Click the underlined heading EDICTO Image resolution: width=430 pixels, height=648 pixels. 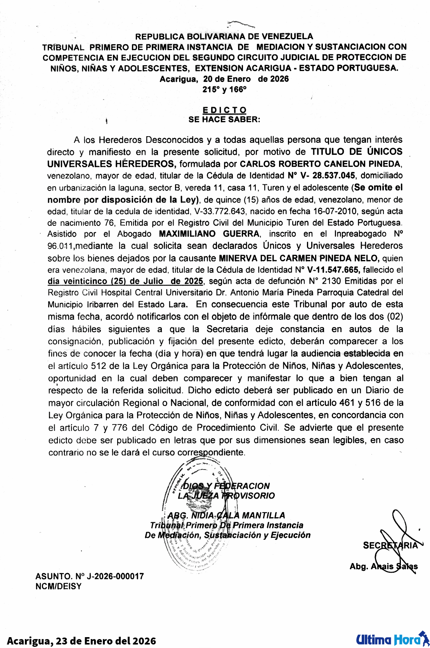(x=224, y=110)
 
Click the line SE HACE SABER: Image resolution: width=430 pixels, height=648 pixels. (x=224, y=120)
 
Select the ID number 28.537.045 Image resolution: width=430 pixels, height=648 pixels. (x=333, y=175)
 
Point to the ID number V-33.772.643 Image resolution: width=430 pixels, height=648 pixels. (x=220, y=211)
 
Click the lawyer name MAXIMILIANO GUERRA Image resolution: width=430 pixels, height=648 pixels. (x=209, y=234)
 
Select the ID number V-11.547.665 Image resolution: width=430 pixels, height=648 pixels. (x=333, y=270)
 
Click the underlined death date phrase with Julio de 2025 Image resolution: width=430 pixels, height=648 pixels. (x=125, y=281)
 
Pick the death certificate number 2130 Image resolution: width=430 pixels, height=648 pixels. (x=331, y=281)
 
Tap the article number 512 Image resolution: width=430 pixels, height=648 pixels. (x=99, y=366)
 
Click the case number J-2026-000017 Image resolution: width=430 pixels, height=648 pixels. (x=115, y=576)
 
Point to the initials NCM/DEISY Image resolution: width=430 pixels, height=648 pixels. (x=59, y=586)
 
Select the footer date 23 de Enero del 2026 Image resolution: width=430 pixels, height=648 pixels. (x=106, y=641)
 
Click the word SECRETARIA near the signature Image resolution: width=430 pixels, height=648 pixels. (x=390, y=545)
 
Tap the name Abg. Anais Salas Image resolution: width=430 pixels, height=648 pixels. (x=383, y=566)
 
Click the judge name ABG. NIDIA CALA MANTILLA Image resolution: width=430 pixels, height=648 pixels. (x=226, y=515)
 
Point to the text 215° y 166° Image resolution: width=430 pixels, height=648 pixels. (x=224, y=90)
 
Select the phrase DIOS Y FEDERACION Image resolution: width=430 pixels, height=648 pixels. (x=226, y=486)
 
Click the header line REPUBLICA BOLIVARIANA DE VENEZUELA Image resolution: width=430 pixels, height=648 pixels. (x=224, y=36)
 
